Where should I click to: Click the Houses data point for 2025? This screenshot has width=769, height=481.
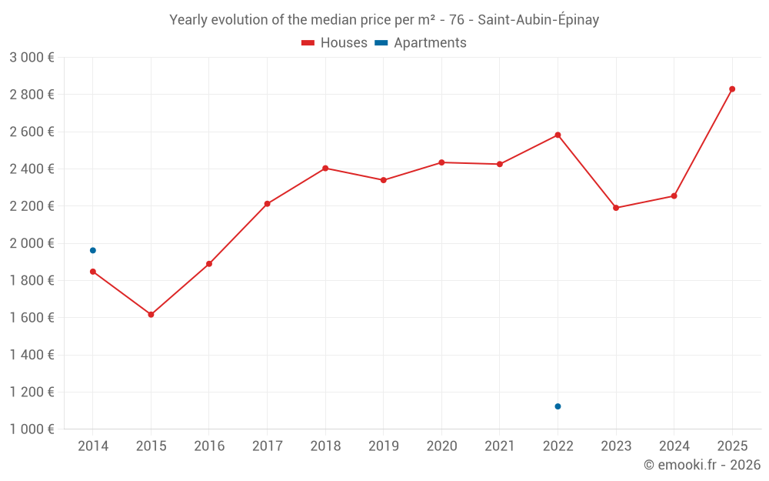[x=732, y=89]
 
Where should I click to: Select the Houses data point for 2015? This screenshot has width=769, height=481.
[x=151, y=315]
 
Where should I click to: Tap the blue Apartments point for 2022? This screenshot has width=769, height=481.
[x=558, y=406]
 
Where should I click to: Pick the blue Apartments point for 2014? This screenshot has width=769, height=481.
[x=93, y=250]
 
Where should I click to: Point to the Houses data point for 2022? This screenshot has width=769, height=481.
[x=558, y=135]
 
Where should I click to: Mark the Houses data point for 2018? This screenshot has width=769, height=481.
[x=325, y=168]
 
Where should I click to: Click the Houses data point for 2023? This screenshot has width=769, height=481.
[x=616, y=208]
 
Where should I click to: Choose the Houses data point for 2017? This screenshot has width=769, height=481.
[x=267, y=204]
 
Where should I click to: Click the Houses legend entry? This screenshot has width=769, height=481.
[x=335, y=43]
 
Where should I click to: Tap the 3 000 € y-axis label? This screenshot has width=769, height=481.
[x=32, y=57]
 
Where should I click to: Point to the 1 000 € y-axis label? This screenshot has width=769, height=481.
[x=32, y=429]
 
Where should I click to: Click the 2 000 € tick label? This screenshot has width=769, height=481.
[x=32, y=243]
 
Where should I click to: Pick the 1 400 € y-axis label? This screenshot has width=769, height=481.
[x=32, y=355]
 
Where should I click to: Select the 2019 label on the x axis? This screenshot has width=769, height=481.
[x=383, y=446]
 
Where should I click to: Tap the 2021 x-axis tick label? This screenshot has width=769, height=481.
[x=500, y=446]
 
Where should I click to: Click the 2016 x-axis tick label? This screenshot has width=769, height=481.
[x=209, y=446]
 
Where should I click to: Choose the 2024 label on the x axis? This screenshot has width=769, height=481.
[x=674, y=446]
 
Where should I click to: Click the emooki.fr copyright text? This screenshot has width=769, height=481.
[x=702, y=465]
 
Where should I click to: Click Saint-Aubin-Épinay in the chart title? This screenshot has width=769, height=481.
[x=538, y=20]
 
